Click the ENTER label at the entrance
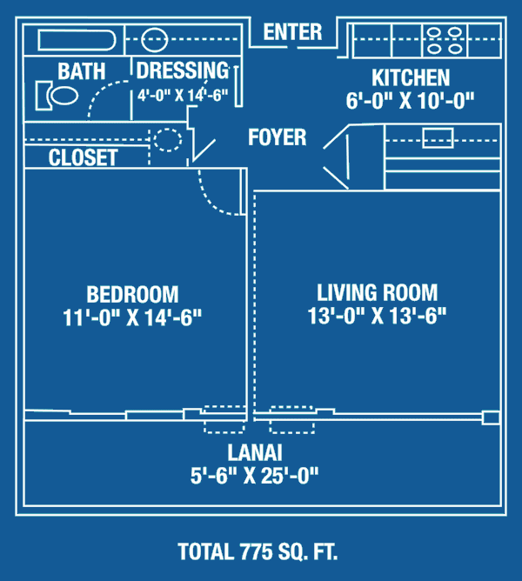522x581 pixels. [x=292, y=32]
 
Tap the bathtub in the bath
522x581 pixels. [x=77, y=40]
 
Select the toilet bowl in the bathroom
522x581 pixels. [x=64, y=96]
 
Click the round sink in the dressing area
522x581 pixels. [x=154, y=39]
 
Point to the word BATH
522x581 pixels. [x=81, y=71]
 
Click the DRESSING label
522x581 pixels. [x=183, y=70]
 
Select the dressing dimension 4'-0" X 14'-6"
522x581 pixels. [x=183, y=95]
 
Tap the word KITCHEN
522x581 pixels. [x=411, y=77]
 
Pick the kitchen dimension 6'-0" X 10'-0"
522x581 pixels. [x=410, y=100]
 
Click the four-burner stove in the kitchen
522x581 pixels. [x=445, y=40]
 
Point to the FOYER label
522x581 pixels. [x=278, y=137]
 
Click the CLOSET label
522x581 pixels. [x=83, y=157]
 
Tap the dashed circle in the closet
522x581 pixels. [x=168, y=140]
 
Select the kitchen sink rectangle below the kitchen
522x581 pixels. [x=438, y=137]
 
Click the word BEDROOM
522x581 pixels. [x=132, y=294]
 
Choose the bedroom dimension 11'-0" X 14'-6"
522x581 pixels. [x=132, y=317]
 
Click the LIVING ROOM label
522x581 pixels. [x=377, y=292]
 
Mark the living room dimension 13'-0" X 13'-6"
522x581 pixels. [x=377, y=316]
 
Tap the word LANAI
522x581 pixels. [x=255, y=452]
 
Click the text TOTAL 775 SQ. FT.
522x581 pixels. [x=258, y=551]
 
